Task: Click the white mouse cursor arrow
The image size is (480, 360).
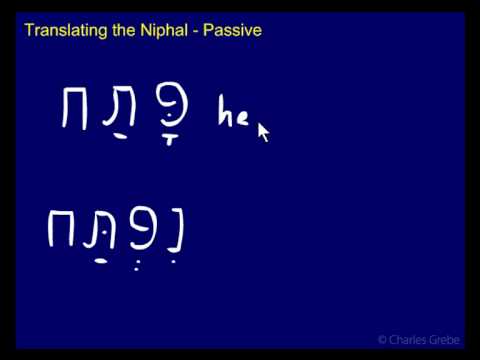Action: click(x=263, y=131)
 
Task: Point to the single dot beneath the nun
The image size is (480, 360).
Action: click(x=175, y=263)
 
